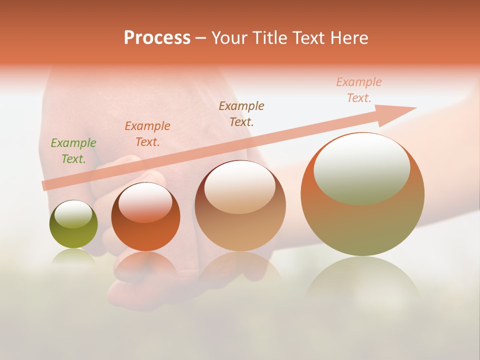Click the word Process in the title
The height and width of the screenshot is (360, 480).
click(x=157, y=38)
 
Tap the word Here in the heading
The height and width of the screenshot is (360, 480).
click(x=348, y=38)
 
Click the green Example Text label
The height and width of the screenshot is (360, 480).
click(x=73, y=150)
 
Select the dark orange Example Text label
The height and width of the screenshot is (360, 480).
click(x=147, y=133)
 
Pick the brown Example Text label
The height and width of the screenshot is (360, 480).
click(x=241, y=113)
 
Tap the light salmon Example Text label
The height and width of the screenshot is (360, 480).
click(x=359, y=89)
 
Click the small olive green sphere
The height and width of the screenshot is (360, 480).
click(x=73, y=232)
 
